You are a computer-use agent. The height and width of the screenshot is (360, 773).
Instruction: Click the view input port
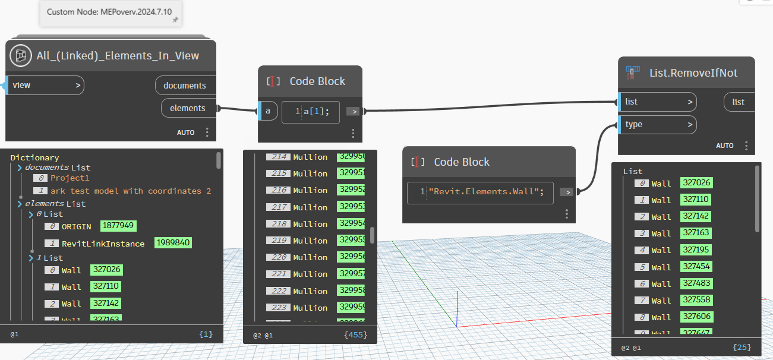pos(45,86)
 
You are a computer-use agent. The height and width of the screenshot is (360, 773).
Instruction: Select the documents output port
pos(185,86)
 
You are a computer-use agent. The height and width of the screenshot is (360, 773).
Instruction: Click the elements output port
pos(188,108)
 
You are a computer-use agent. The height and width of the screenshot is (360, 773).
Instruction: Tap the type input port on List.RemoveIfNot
pos(657,125)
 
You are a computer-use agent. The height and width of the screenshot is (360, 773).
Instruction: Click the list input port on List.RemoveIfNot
pos(657,102)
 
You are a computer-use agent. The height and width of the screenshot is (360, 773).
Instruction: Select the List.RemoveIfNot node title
pos(693,72)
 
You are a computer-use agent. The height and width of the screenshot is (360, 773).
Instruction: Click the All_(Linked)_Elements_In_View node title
pos(118,56)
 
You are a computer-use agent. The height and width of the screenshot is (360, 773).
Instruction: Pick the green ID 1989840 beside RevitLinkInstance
pos(173,243)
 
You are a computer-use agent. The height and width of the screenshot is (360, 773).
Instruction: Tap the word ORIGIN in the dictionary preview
pos(77,226)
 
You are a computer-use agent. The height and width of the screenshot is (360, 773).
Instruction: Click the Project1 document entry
pos(70,178)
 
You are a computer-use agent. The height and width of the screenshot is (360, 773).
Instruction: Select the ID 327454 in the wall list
pos(696,266)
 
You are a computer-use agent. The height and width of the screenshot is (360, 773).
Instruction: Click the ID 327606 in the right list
pos(696,317)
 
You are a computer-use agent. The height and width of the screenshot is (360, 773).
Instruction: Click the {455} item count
pos(355,335)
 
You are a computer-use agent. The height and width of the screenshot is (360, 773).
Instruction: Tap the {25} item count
pos(742,347)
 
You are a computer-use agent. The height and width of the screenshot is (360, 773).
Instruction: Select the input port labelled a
pos(268,111)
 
